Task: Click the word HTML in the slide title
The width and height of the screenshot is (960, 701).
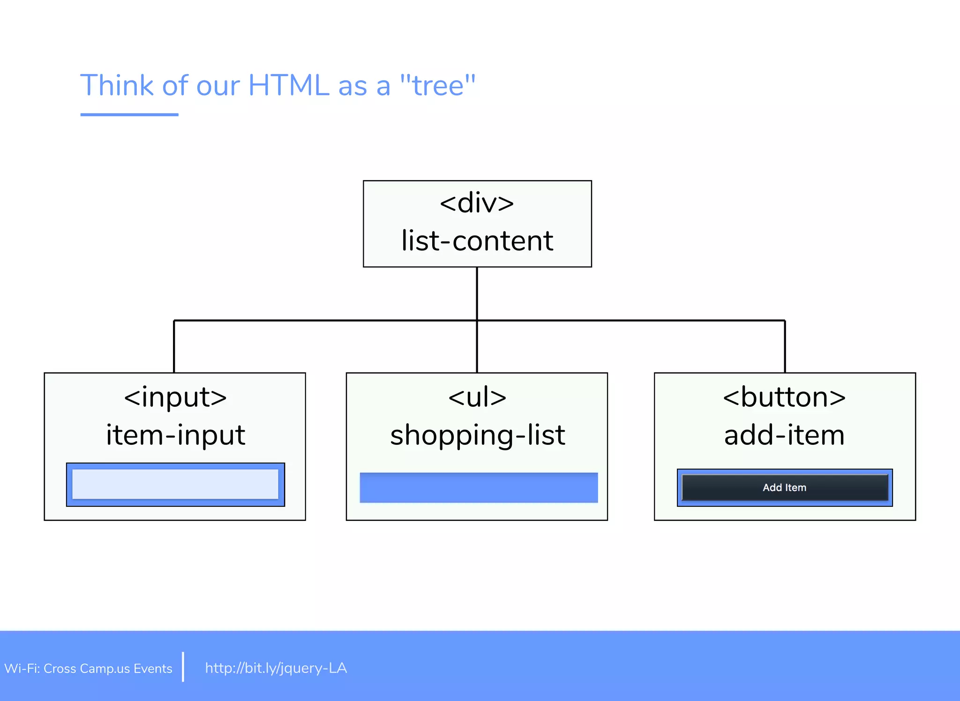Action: click(288, 85)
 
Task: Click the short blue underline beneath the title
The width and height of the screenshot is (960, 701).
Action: click(129, 114)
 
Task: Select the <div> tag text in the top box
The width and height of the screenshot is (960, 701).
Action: click(477, 203)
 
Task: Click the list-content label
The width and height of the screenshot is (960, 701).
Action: click(477, 241)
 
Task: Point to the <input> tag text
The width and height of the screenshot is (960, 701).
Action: click(175, 397)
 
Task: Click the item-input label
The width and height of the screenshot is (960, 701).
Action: click(175, 435)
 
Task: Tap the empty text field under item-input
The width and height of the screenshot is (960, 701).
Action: click(175, 484)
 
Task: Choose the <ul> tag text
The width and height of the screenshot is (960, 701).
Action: click(477, 397)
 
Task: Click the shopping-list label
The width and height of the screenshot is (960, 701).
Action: click(477, 435)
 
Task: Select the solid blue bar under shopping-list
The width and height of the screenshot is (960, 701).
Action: click(479, 488)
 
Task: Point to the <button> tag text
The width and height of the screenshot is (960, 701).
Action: click(784, 397)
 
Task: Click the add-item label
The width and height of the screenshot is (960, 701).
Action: click(784, 435)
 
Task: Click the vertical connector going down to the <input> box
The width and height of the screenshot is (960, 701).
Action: click(174, 347)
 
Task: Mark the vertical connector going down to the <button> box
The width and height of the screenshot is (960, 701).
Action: click(785, 347)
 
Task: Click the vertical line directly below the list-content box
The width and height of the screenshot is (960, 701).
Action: click(477, 293)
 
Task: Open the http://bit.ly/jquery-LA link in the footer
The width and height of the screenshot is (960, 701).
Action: click(276, 668)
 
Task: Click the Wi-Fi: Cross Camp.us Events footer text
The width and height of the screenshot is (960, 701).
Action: click(88, 668)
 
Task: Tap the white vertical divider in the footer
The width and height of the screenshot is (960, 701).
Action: click(183, 666)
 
